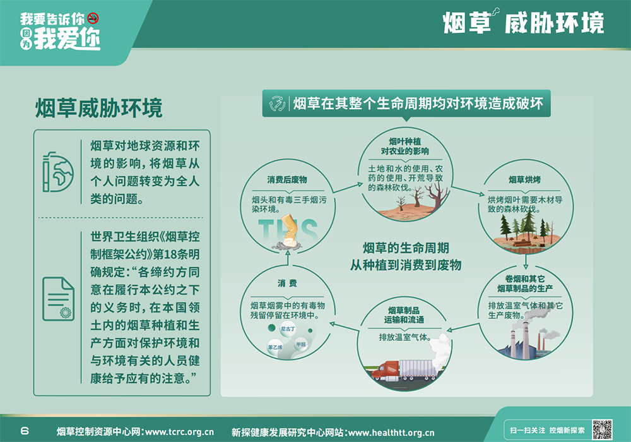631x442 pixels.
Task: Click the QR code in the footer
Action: point(602,429)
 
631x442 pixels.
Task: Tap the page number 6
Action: point(25,431)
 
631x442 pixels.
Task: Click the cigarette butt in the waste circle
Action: point(290,232)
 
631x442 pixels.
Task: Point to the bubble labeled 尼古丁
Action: point(288,329)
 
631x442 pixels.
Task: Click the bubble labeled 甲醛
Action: point(300,345)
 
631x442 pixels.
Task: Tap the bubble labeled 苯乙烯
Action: point(275,347)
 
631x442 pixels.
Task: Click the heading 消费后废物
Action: point(287,180)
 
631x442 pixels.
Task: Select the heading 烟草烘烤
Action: point(525,179)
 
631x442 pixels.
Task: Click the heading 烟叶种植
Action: point(405,141)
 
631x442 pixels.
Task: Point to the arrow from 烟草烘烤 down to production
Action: point(526,261)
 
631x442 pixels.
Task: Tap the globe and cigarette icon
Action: point(58,172)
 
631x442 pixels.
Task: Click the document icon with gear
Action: point(58,299)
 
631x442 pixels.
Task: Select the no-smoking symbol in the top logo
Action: point(93,18)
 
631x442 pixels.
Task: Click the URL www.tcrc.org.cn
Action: point(179,432)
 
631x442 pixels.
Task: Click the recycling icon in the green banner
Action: point(277,104)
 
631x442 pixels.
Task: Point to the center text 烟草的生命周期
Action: point(406,248)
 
